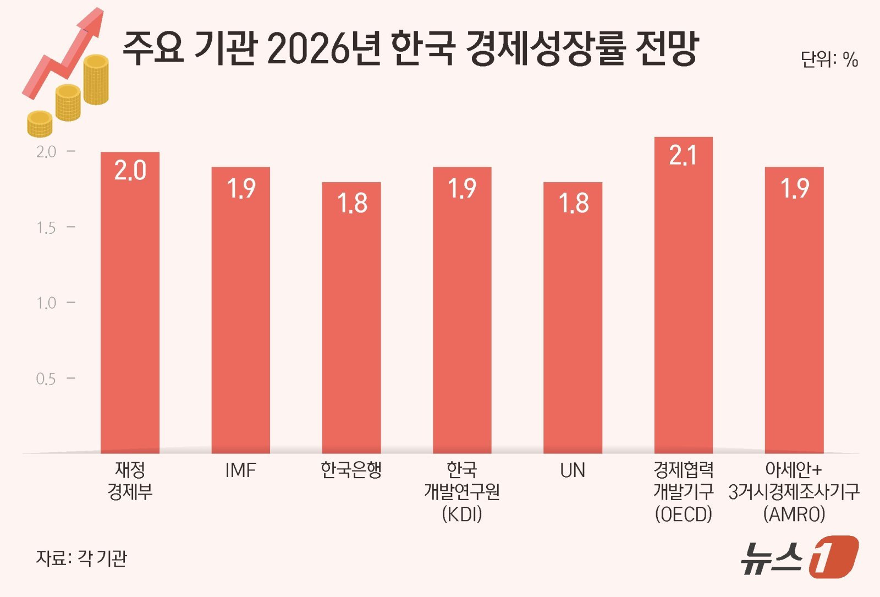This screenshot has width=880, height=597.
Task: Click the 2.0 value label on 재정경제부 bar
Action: point(130,171)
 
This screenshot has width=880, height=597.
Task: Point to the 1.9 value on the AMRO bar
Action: point(795,189)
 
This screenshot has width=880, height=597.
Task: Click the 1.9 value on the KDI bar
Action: point(462,189)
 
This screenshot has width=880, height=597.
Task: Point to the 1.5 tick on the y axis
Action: point(46,228)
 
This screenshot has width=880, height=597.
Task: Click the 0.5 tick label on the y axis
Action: point(46,379)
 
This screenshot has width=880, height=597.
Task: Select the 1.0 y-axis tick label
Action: point(46,303)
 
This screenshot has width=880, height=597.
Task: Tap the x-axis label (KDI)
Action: point(462,514)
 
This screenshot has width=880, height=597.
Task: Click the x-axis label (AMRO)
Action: point(794,514)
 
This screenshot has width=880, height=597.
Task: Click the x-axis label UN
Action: point(573,470)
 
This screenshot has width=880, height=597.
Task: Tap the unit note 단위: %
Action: point(829,59)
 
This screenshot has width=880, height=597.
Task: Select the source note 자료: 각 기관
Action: point(81,558)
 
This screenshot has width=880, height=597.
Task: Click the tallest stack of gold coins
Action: point(96,80)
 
